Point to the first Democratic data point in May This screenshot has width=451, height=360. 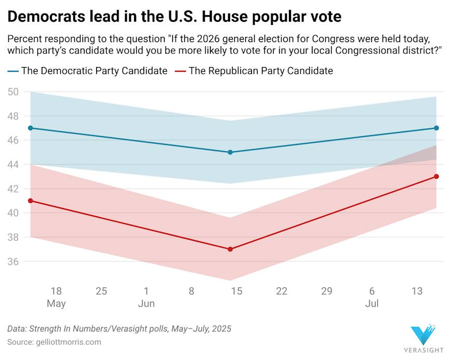click(31, 128)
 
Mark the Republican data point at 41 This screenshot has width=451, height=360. click(31, 201)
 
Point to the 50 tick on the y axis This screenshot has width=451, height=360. click(14, 92)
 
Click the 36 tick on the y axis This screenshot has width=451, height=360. click(14, 262)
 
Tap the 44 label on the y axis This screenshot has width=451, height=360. click(14, 165)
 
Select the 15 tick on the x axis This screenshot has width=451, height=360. click(236, 291)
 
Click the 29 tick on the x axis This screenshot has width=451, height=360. click(327, 291)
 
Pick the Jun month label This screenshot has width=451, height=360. click(146, 303)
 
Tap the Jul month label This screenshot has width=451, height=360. click(372, 303)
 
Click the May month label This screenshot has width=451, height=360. click(56, 303)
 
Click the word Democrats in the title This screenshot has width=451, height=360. click(45, 17)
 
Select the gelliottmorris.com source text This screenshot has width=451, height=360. click(68, 342)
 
